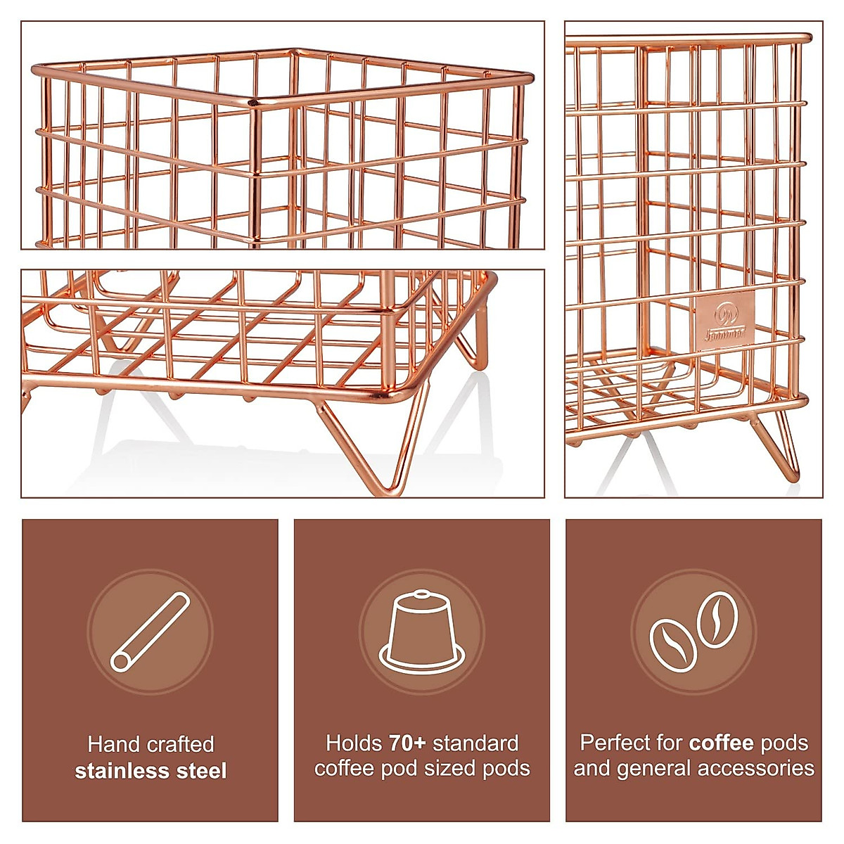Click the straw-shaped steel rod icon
tap(150, 631)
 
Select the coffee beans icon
tap(693, 631)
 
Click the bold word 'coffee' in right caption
tap(721, 743)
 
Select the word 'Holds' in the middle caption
tap(354, 743)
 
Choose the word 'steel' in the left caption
tap(201, 771)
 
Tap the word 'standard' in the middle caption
tap(476, 743)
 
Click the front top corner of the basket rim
tap(255, 103)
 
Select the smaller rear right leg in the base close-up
tap(474, 338)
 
